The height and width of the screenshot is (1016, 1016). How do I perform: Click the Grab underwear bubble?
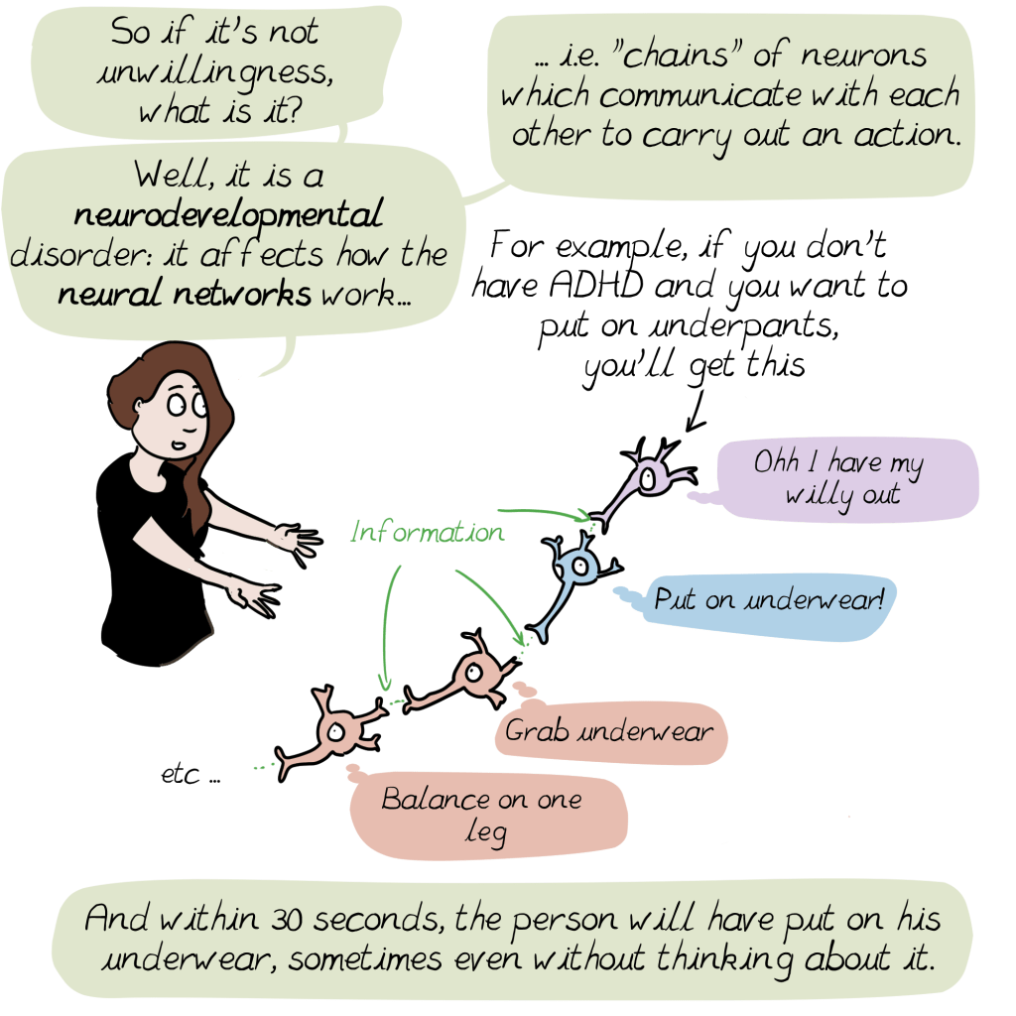pos(608,732)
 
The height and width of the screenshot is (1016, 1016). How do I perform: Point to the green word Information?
pos(427,533)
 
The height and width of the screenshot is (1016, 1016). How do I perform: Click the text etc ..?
pos(190,774)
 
